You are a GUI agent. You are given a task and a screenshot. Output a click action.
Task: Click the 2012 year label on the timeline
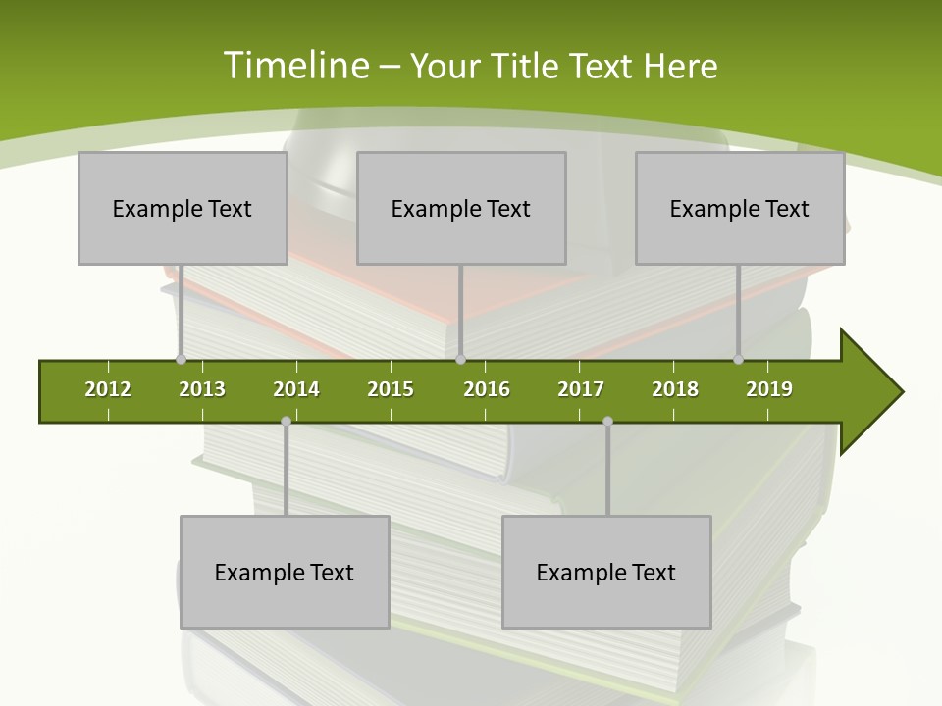[x=108, y=389]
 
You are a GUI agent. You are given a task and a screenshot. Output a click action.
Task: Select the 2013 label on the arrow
[x=202, y=389]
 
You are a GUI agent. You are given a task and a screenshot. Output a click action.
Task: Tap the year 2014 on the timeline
[x=296, y=389]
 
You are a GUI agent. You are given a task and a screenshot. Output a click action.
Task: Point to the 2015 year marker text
[x=391, y=389]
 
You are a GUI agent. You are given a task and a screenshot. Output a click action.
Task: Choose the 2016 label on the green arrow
[x=487, y=389]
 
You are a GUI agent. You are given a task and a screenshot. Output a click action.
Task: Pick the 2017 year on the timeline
[x=581, y=389]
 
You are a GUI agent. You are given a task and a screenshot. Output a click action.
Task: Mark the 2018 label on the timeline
[x=675, y=389]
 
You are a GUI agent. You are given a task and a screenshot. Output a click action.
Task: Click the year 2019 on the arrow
[x=769, y=389]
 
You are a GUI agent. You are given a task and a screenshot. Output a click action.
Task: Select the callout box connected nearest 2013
[x=183, y=208]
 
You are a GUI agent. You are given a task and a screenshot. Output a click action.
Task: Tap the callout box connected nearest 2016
[x=461, y=208]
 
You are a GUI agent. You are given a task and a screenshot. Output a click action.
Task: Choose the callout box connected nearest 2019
[x=740, y=208]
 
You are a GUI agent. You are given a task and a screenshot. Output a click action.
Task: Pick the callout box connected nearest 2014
[x=285, y=572]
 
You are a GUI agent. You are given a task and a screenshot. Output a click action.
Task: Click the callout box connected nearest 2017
[x=606, y=572]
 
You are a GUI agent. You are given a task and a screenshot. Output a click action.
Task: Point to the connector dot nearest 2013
[x=181, y=360]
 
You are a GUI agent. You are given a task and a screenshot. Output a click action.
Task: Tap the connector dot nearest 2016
[x=461, y=360]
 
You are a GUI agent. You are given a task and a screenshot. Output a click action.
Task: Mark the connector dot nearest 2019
[x=739, y=360]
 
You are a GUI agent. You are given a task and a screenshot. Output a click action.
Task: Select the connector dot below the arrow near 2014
[x=286, y=422]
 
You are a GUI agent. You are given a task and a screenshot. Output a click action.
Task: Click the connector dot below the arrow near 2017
[x=607, y=422]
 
